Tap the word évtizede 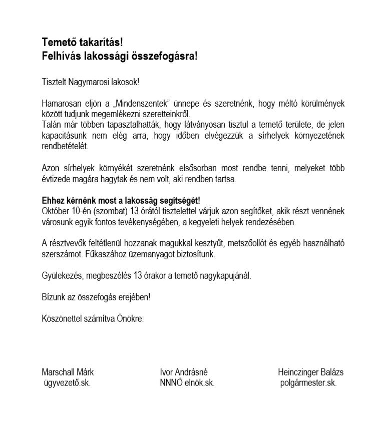56,179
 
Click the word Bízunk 53,297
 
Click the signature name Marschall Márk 68,372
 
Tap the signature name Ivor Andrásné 184,372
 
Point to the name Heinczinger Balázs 310,372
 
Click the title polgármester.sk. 308,383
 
